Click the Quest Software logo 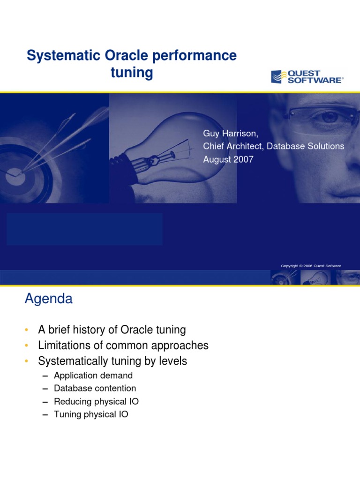pos(307,77)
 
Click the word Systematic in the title pos(57,56)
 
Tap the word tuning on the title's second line pos(132,73)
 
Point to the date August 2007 pos(228,159)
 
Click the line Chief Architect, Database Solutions pos(273,146)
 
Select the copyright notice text pos(311,266)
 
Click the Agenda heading pos(48,299)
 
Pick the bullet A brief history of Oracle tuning pos(112,330)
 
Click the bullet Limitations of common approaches pos(123,346)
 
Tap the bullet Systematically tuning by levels pos(112,361)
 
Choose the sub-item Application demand pos(93,375)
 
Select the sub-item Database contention pos(95,389)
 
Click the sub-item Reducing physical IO pos(96,402)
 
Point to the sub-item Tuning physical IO pos(91,415)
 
